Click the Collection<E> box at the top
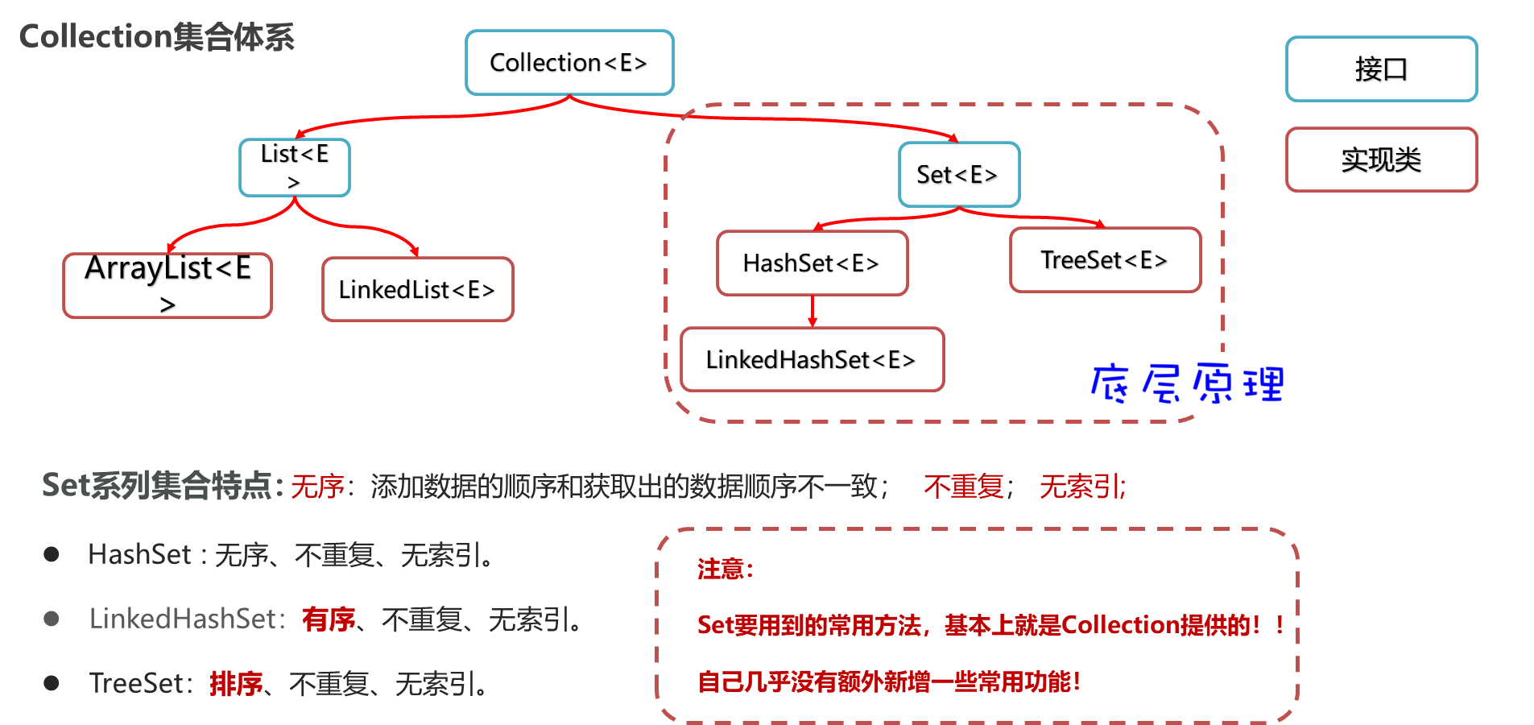569,63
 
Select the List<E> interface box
295,167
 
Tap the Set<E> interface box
958,175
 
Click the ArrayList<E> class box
167,285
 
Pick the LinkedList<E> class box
417,289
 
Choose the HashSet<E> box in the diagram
812,263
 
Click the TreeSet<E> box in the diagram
1105,260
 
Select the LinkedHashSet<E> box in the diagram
812,359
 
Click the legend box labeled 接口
1381,69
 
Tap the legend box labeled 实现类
1381,159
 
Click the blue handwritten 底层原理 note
1185,383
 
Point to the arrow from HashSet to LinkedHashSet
812,312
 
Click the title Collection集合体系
157,37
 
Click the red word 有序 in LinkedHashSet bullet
329,619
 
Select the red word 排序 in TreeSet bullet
236,684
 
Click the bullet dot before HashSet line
52,554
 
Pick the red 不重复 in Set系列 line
964,487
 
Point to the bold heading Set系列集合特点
161,486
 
